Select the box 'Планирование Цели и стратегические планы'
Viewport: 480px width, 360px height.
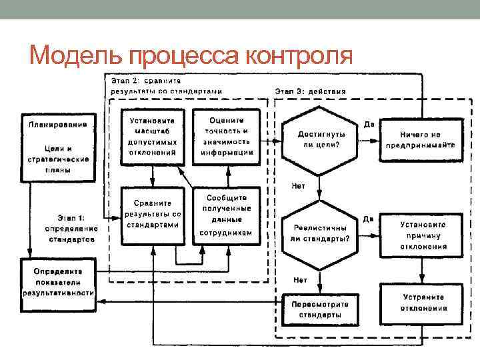tap(59, 146)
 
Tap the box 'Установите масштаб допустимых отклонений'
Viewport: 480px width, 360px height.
tap(152, 136)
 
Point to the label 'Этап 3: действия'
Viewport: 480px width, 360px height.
tap(310, 91)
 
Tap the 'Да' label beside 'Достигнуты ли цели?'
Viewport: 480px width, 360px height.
tap(369, 124)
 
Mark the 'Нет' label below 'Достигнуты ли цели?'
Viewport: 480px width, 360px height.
tap(299, 185)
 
